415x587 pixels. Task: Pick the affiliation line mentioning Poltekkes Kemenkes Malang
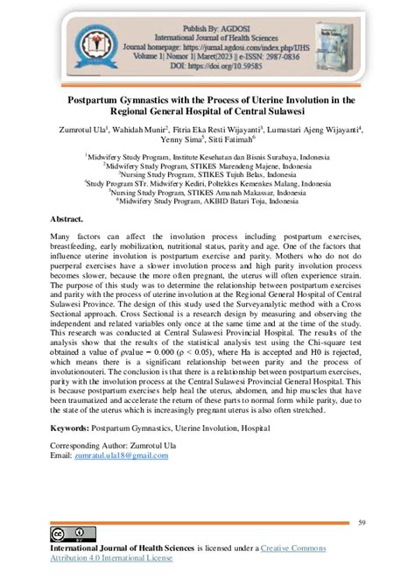(x=207, y=184)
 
